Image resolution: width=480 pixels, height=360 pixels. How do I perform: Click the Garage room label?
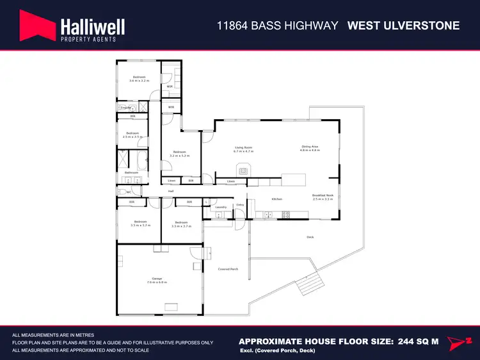point(157,279)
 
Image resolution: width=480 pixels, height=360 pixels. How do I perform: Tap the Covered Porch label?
point(228,269)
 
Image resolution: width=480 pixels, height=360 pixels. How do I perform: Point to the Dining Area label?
point(310,147)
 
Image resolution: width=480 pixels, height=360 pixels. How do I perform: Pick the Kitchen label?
point(277,199)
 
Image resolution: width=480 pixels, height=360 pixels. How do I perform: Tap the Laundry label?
point(221,208)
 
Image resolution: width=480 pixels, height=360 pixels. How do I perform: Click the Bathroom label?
point(131,172)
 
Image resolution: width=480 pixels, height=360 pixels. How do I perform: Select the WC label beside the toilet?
point(129,192)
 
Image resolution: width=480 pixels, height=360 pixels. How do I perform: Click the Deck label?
point(310,238)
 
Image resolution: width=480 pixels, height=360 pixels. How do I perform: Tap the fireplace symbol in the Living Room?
point(243,170)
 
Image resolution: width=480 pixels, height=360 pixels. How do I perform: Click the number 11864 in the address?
point(232,26)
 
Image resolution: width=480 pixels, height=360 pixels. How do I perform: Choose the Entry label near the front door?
point(240,205)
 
